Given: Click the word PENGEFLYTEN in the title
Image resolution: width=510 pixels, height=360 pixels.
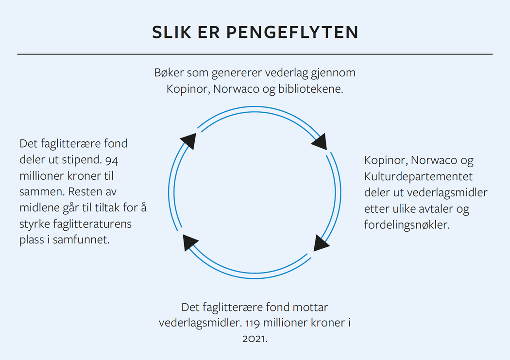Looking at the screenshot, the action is [x=292, y=32].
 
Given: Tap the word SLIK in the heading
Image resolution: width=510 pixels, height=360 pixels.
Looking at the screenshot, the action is [x=171, y=32].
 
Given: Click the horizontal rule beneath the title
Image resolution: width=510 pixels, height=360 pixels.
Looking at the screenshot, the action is [x=255, y=54].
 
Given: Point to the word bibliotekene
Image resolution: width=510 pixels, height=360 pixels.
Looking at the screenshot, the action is [x=311, y=89].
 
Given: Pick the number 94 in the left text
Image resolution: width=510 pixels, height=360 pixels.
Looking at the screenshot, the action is [x=112, y=160].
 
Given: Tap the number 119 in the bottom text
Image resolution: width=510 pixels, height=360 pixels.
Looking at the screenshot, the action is [x=253, y=323].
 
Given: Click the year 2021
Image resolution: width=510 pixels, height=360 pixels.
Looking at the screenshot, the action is [x=255, y=339].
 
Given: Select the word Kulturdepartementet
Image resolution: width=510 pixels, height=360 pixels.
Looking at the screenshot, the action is [x=418, y=176].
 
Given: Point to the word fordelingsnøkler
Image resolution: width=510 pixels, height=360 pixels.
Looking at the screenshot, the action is [x=407, y=225].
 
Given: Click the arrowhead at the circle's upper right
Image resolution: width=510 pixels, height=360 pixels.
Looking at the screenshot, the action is [x=320, y=141].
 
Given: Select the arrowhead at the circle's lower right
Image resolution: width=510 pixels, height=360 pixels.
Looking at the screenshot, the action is [x=321, y=243].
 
